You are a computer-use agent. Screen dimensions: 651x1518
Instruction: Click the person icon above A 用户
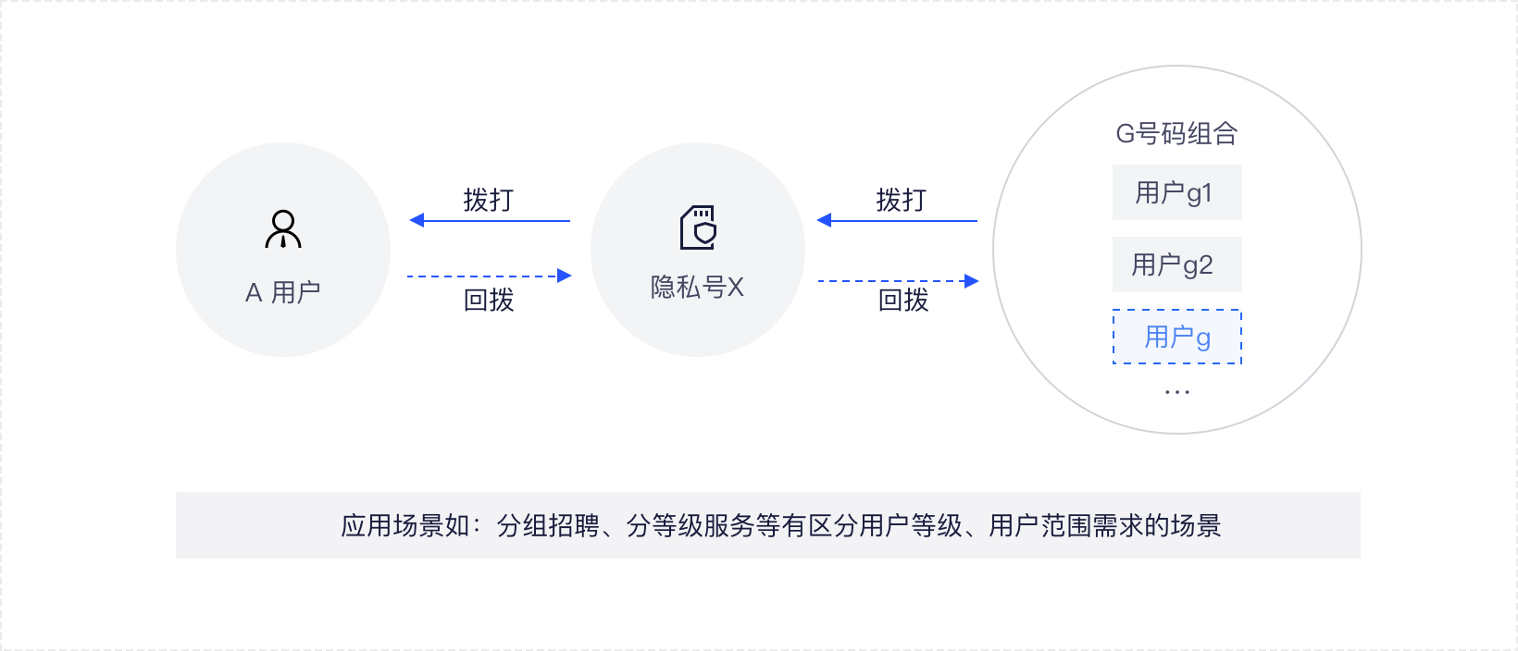[x=283, y=229]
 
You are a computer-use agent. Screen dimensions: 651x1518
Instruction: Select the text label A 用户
[x=283, y=292]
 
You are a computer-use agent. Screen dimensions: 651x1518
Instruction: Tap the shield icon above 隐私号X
[x=698, y=227]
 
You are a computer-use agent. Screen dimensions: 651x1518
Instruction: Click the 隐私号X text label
[x=697, y=288]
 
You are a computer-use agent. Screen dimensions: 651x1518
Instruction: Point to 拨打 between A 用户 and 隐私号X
[x=488, y=200]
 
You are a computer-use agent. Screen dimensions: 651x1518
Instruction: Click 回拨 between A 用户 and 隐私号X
[x=488, y=300]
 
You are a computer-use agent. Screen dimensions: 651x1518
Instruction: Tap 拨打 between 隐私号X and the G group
[x=901, y=200]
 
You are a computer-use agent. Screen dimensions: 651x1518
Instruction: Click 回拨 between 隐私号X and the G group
[x=902, y=300]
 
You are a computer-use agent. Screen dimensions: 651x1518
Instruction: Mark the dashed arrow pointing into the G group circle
[x=898, y=280]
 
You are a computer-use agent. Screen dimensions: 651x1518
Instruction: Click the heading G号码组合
[x=1176, y=134]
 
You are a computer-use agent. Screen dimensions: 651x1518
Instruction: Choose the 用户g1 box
[x=1176, y=192]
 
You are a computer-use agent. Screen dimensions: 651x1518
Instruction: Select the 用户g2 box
[x=1176, y=264]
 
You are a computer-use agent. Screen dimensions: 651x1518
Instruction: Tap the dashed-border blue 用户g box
[x=1176, y=337]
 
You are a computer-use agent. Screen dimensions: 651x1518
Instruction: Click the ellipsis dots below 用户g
[x=1176, y=392]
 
